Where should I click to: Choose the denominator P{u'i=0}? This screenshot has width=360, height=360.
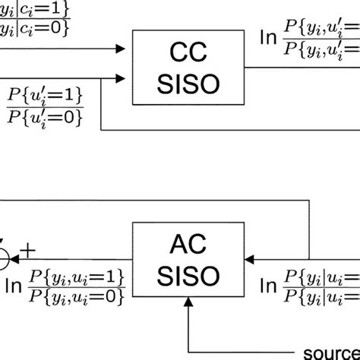tap(45, 118)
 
